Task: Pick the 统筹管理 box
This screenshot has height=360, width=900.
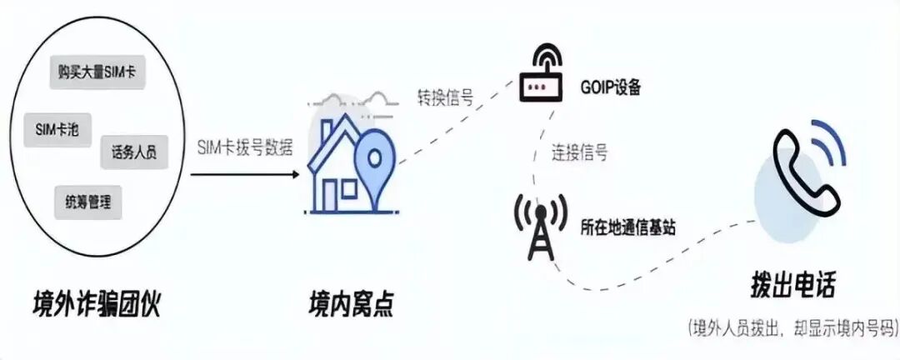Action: pos(87,201)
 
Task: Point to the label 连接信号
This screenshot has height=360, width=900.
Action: pos(578,152)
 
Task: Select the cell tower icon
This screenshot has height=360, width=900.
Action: pos(540,226)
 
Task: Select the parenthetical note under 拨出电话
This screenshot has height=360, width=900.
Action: pos(792,327)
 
